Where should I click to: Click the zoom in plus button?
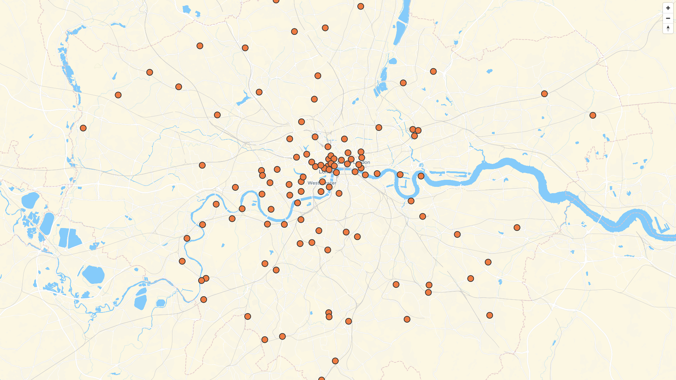[668, 8]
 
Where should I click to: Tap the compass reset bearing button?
[668, 28]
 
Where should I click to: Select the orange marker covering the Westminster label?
[322, 182]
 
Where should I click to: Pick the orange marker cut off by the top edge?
[276, 1]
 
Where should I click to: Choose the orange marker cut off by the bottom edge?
[321, 379]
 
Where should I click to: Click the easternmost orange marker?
[593, 115]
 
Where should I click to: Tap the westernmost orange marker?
[83, 128]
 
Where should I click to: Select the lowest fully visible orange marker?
[335, 361]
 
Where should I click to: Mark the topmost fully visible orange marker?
[361, 6]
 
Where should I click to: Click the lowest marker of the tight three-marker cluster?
[414, 136]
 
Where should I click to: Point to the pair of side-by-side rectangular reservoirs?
[70, 238]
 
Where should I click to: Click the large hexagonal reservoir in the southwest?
[93, 274]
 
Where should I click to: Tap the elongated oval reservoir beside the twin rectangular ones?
[47, 223]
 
